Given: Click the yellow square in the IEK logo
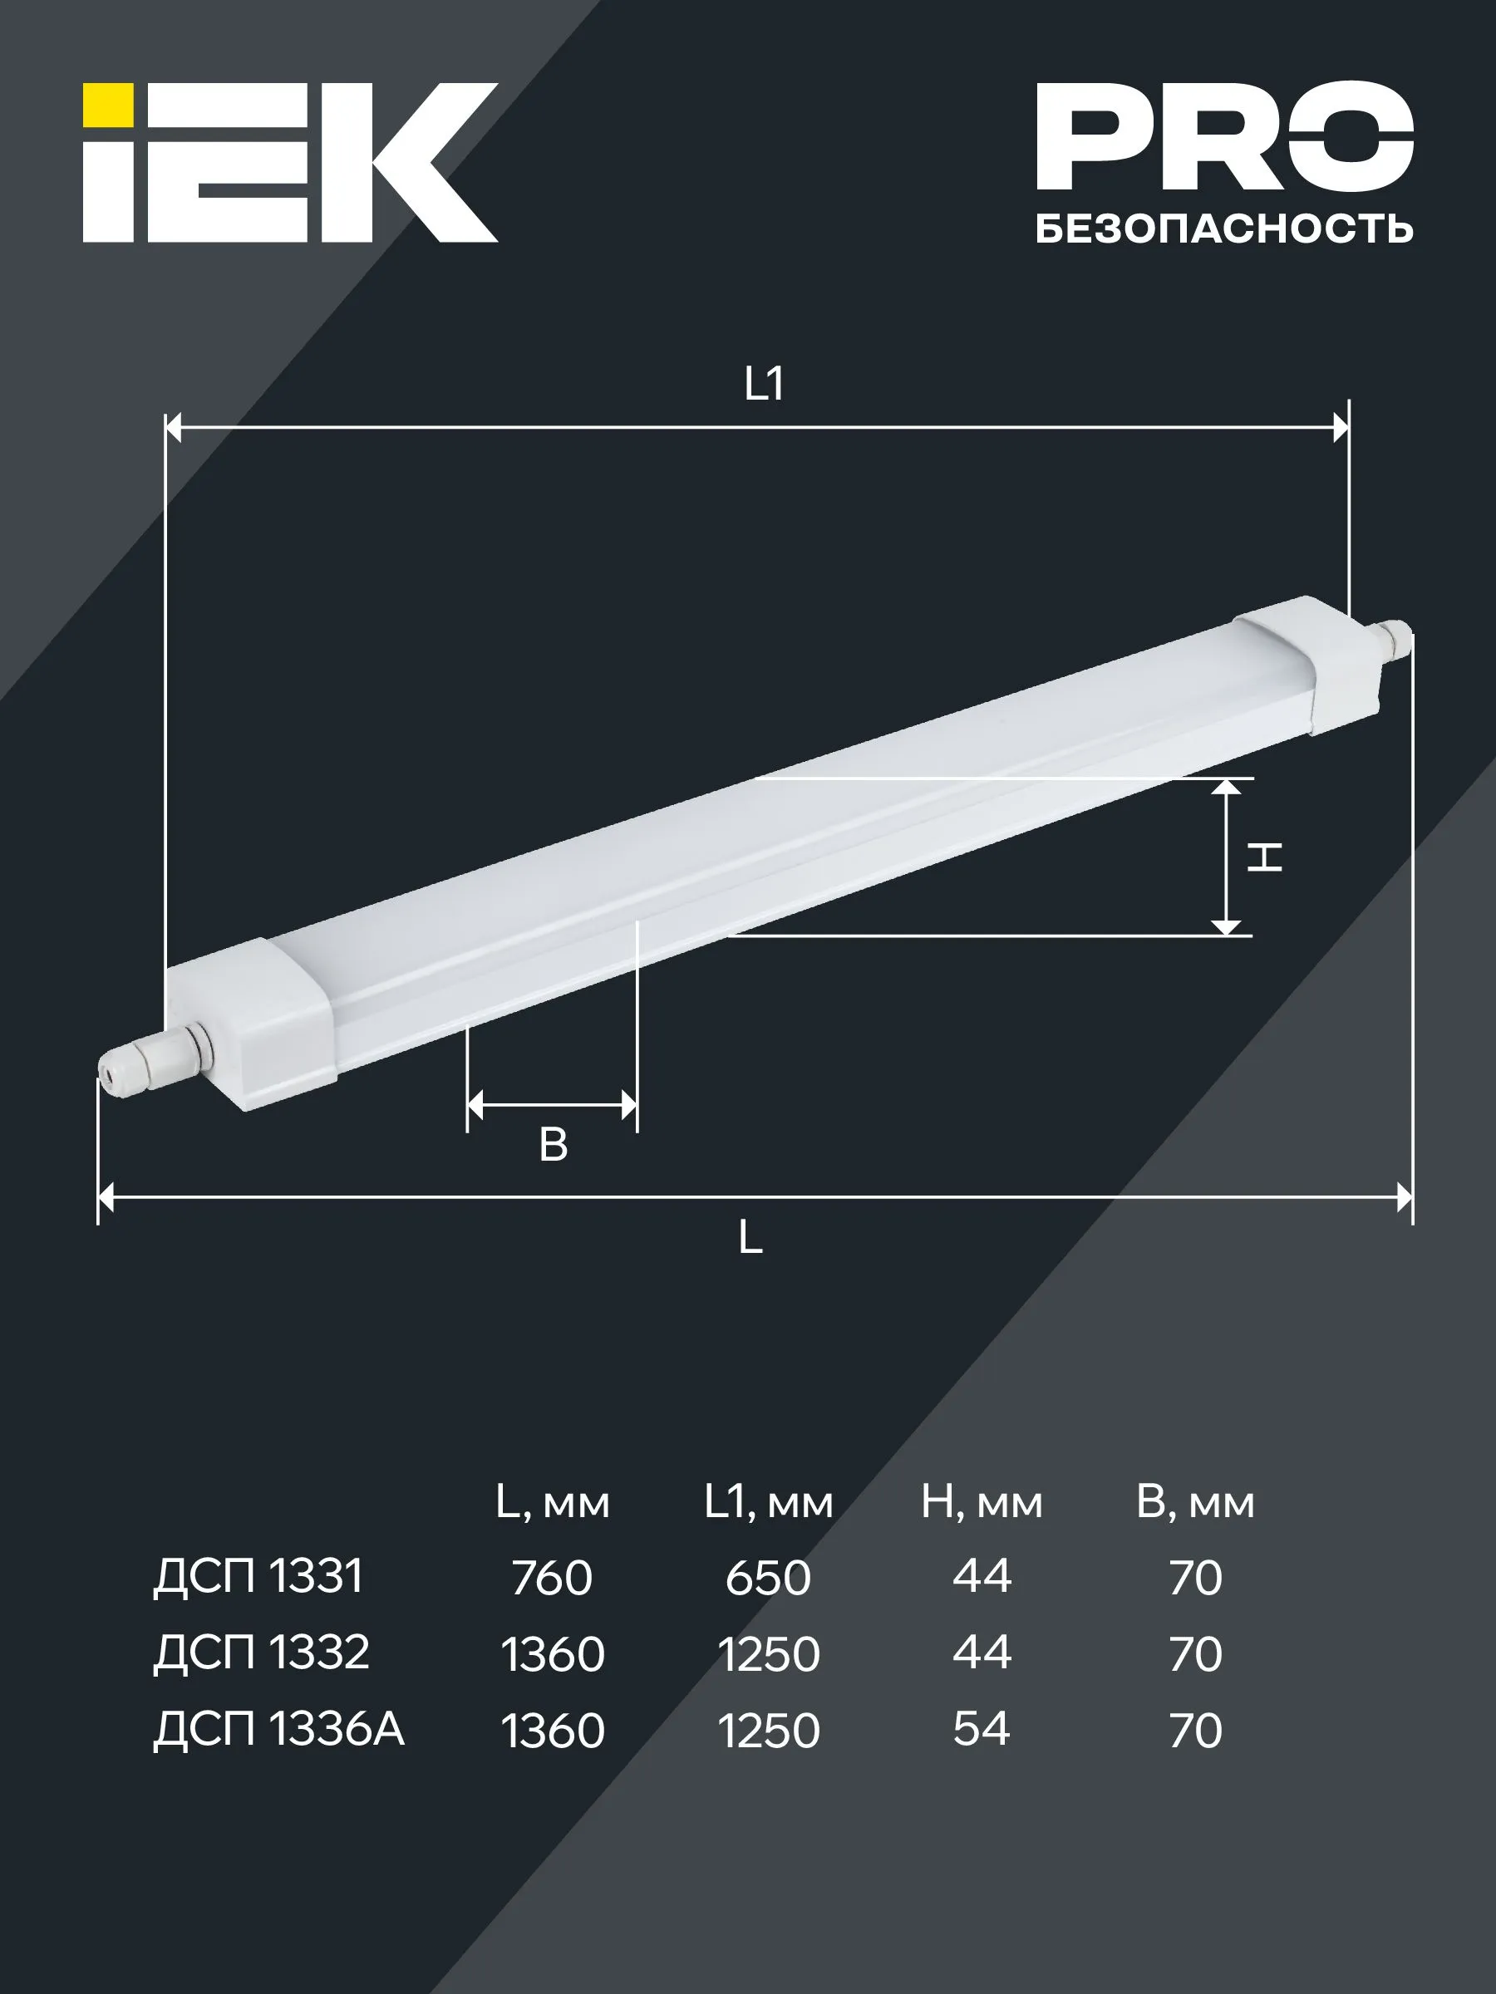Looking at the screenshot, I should point(108,105).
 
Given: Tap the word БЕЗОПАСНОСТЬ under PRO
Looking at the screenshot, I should point(1223,229).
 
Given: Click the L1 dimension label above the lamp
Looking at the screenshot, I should point(764,384).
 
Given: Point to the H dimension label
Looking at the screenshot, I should point(1264,857).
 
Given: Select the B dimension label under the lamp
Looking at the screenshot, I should point(553,1145).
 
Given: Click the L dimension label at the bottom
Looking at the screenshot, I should point(750,1238).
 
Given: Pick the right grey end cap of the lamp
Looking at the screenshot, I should point(1307,662).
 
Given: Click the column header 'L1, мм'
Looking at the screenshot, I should point(768,1503).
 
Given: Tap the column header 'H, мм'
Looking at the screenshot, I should point(981,1503).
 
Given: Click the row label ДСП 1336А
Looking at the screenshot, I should point(278,1729).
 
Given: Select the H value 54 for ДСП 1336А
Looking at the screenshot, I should point(981,1729).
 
